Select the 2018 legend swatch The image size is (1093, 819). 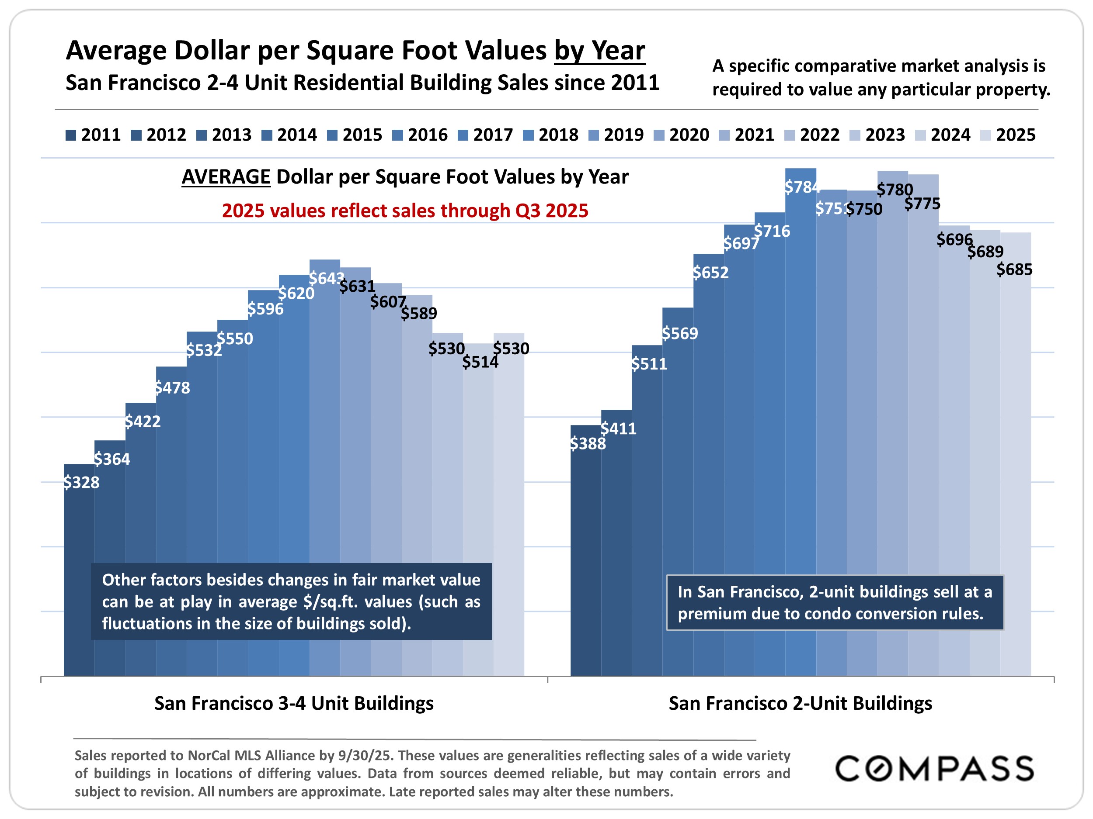(x=528, y=135)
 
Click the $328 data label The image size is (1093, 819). (x=81, y=482)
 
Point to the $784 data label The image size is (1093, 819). (x=802, y=187)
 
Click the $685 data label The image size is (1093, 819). (x=1014, y=270)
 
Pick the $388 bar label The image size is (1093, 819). (x=588, y=444)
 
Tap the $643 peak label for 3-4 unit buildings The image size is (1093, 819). (x=326, y=278)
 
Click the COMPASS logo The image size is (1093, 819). (x=934, y=769)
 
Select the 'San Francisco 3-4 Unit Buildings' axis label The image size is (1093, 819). (x=293, y=703)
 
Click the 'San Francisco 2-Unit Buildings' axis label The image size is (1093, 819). (x=800, y=703)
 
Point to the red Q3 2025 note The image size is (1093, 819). (x=405, y=211)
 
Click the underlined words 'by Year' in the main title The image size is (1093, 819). (x=599, y=50)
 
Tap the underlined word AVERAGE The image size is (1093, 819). (x=226, y=177)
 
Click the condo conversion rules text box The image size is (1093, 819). (x=835, y=602)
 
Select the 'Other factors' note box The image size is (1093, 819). (x=291, y=601)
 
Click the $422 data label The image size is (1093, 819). (x=143, y=422)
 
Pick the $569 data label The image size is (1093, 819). (x=680, y=334)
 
